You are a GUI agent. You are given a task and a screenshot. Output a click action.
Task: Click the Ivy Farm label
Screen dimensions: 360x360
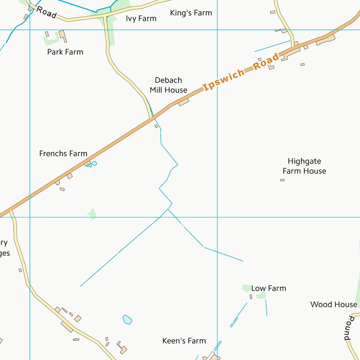coord(141,19)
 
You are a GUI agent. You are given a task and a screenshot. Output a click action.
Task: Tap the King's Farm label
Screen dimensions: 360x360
coord(191,13)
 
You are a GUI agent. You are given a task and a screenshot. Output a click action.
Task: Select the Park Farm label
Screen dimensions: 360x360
coord(65,52)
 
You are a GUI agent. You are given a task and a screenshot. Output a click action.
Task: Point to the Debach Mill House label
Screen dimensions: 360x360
coord(168,85)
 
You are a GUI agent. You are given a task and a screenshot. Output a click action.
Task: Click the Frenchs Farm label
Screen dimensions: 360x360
coord(63,153)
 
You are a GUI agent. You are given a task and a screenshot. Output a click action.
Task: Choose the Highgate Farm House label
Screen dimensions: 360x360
coord(304,166)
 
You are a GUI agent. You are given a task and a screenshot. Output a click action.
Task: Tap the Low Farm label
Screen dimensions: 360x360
coord(269,288)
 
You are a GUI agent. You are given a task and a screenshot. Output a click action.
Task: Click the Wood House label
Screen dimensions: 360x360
coord(334,305)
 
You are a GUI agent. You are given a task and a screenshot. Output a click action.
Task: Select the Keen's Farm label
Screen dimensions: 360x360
coord(184,341)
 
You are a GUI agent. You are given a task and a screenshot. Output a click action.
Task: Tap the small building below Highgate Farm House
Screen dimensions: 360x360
coord(282,180)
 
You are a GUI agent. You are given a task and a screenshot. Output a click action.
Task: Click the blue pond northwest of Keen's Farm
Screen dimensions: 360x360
coord(127,320)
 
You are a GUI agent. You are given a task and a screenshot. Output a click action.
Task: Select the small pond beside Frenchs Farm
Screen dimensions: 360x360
coord(94,163)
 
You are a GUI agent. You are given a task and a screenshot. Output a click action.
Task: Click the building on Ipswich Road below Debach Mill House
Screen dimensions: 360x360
coord(183,102)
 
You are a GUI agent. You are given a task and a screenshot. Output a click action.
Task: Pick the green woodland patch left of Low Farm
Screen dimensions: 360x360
coord(246,288)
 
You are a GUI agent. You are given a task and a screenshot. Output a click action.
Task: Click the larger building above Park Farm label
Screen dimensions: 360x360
coord(63,36)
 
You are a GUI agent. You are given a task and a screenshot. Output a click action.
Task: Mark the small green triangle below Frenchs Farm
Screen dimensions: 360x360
coord(92,214)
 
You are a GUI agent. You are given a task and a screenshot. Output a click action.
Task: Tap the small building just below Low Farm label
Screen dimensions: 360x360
coord(251,297)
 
